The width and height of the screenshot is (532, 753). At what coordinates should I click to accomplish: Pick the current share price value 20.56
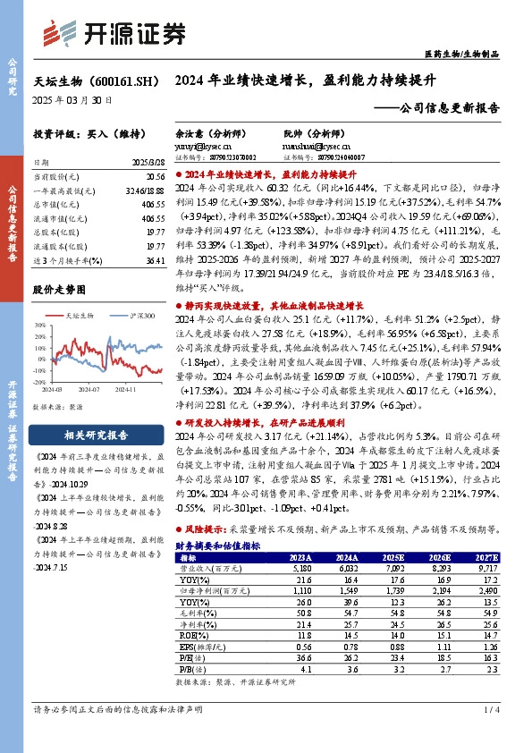click(x=156, y=178)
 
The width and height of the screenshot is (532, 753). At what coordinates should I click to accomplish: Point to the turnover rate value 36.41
click(x=156, y=260)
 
